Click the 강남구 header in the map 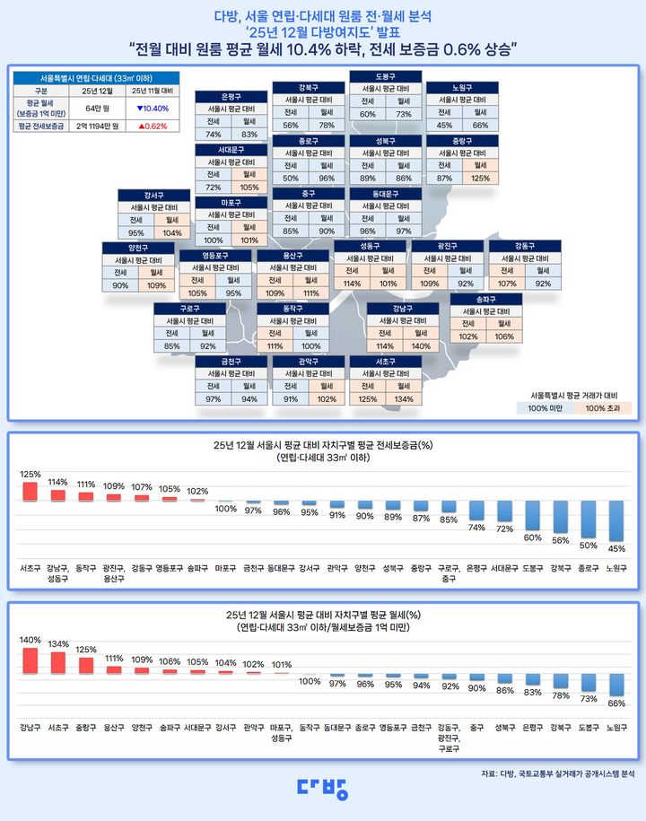pyautogui.click(x=403, y=309)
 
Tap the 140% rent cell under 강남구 pyautogui.click(x=420, y=345)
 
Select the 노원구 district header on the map pyautogui.click(x=461, y=88)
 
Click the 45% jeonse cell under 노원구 pyautogui.click(x=444, y=126)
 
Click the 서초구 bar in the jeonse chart pyautogui.click(x=30, y=492)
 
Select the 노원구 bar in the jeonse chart pyautogui.click(x=615, y=520)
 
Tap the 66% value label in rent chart pyautogui.click(x=615, y=703)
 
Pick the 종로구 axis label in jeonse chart pyautogui.click(x=588, y=567)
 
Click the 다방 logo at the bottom pyautogui.click(x=322, y=788)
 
